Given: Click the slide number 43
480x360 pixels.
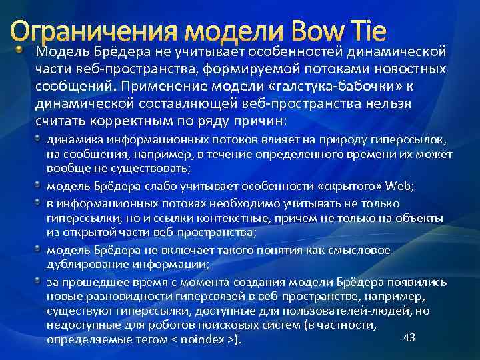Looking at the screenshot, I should (x=409, y=337).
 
